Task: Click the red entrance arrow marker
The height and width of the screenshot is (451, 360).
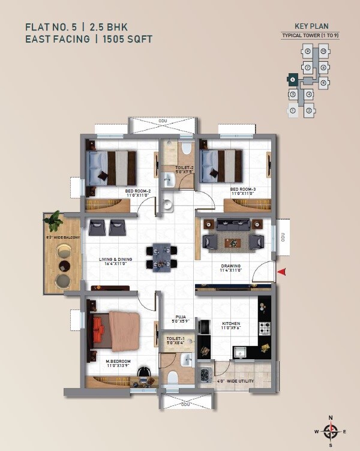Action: point(281,273)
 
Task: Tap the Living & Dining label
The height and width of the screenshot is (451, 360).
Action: point(116,260)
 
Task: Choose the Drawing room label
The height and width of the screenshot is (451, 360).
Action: point(231,266)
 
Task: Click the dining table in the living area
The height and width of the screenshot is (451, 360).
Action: point(161,257)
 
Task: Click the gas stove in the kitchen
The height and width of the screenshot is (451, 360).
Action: point(264,328)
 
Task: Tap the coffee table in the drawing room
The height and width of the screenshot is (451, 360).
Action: point(233,242)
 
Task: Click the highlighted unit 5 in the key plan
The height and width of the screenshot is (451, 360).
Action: point(292,79)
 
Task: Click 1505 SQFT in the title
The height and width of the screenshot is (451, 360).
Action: point(129,39)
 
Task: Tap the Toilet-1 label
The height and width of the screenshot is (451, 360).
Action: point(175,339)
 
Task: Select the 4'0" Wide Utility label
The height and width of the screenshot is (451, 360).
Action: point(235,381)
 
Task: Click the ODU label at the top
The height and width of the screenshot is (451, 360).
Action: point(163,122)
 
